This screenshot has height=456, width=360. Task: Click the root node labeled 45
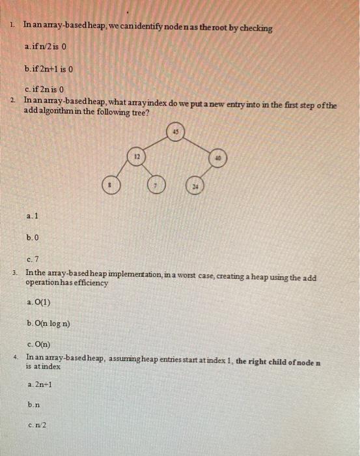[175, 132]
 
